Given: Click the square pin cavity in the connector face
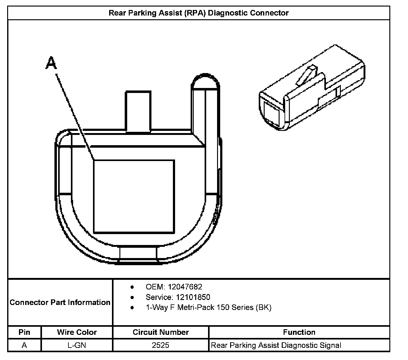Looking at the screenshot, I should point(134,196).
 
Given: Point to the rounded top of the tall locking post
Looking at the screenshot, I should point(205,81).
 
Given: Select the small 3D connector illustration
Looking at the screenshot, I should point(312,89).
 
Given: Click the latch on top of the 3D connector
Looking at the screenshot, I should point(306,76).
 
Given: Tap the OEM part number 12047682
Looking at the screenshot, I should point(185,287).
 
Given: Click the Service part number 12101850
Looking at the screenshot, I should point(193,297).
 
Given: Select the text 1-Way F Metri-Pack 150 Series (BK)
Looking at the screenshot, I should point(208,307).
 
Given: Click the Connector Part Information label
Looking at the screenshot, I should point(60,302).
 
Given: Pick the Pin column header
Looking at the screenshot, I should point(24,332).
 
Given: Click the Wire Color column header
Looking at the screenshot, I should point(77,332).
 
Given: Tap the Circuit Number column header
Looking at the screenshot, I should point(160,332).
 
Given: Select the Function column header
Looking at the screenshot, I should point(299,332).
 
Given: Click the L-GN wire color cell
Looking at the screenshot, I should point(77,345).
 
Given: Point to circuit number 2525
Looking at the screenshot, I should point(160,345).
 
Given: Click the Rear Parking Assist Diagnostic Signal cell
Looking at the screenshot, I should point(276,345).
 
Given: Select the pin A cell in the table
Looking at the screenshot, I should point(24,345).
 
